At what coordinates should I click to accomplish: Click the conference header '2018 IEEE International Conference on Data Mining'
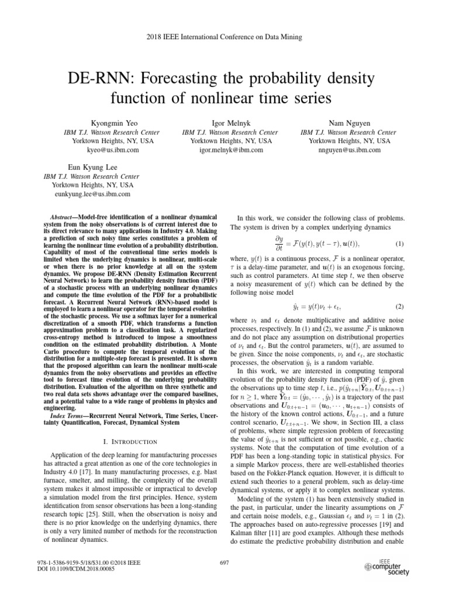[224, 37]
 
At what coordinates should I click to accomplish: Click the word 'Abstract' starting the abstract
[63, 217]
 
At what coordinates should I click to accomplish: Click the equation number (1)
[399, 244]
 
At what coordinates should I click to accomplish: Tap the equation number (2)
[399, 305]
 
